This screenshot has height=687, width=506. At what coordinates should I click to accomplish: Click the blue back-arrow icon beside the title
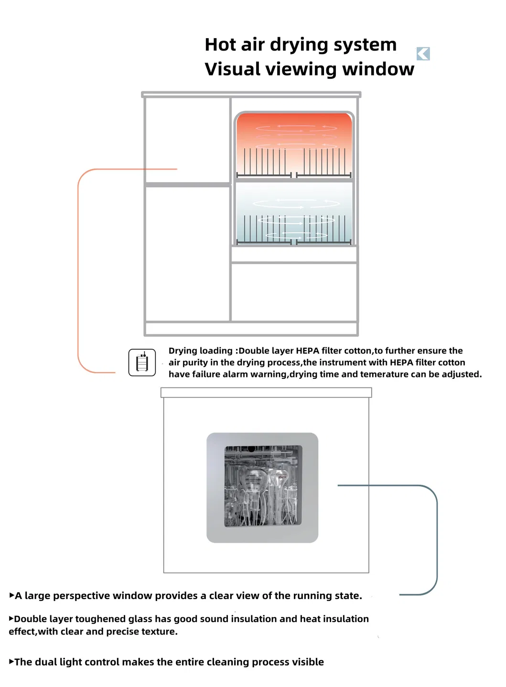point(423,54)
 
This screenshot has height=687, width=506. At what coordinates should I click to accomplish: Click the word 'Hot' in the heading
point(220,45)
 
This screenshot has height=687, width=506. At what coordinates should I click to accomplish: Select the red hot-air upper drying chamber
point(294,143)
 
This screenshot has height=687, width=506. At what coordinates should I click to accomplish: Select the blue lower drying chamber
point(294,213)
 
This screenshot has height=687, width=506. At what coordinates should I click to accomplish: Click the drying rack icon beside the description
point(142,363)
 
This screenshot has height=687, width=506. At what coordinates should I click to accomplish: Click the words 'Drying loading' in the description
point(200,351)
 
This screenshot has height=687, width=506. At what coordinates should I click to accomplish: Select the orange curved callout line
point(78,268)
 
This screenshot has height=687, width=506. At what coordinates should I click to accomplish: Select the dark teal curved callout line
point(436,540)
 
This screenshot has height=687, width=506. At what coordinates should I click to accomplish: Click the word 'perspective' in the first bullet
point(85,596)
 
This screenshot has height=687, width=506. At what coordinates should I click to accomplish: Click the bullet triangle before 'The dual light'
point(11,662)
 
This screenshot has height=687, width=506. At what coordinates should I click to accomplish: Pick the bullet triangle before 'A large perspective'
point(11,595)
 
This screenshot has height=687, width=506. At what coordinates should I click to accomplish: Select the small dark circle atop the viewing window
point(251,449)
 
